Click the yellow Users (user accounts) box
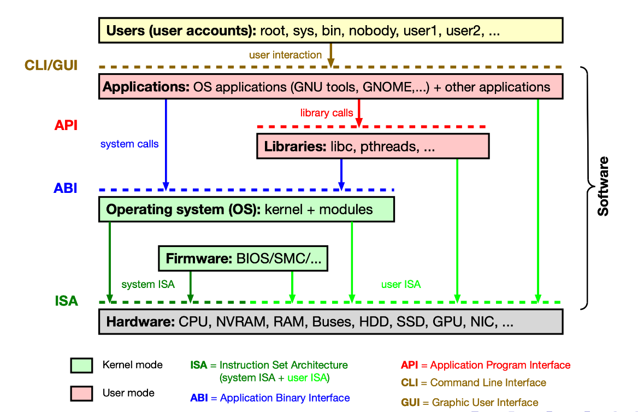coord(330,30)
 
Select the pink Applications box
coord(330,87)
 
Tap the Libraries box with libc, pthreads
coord(373,146)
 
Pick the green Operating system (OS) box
coord(246,209)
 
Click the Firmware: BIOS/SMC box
coord(243,258)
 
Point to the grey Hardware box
coord(330,322)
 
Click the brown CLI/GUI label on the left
coord(51,66)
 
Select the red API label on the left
coord(66,126)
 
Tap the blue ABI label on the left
coord(66,189)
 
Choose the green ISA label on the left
coord(67,301)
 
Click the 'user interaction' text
coord(285,55)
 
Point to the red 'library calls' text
coord(327,113)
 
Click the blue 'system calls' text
coord(129,144)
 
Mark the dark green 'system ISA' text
coord(148,284)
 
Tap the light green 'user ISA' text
coord(401,284)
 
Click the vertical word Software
coord(602,186)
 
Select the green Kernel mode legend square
coord(81,365)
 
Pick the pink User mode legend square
coord(81,393)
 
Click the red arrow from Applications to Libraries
coord(359,113)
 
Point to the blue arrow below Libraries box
coord(341,173)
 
